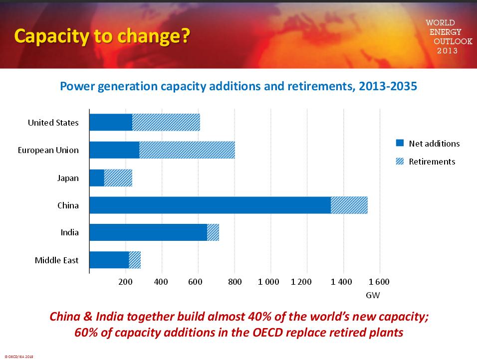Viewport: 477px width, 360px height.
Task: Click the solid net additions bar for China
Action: [x=210, y=205]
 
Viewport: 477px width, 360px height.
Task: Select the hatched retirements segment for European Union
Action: [x=187, y=150]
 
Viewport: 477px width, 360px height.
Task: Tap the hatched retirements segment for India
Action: [x=213, y=232]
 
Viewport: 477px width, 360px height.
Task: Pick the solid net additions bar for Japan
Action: [x=97, y=178]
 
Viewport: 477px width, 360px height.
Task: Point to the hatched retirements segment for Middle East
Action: [x=135, y=260]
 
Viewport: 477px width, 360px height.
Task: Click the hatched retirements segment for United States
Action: [x=166, y=123]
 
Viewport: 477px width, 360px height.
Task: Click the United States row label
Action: [x=53, y=123]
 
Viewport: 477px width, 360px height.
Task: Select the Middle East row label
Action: [x=56, y=260]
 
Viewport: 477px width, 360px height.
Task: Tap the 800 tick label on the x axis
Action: [x=235, y=282]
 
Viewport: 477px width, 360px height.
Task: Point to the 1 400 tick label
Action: [x=341, y=282]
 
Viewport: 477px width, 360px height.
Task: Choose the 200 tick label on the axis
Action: [x=125, y=282]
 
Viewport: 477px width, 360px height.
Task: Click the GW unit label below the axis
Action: [x=373, y=295]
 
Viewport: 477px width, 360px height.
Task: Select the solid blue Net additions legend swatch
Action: [x=400, y=143]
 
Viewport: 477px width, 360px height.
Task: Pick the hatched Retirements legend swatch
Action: [x=400, y=161]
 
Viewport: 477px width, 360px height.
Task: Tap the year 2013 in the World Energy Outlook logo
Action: [x=447, y=51]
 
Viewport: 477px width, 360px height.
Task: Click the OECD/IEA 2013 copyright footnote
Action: [x=18, y=357]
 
